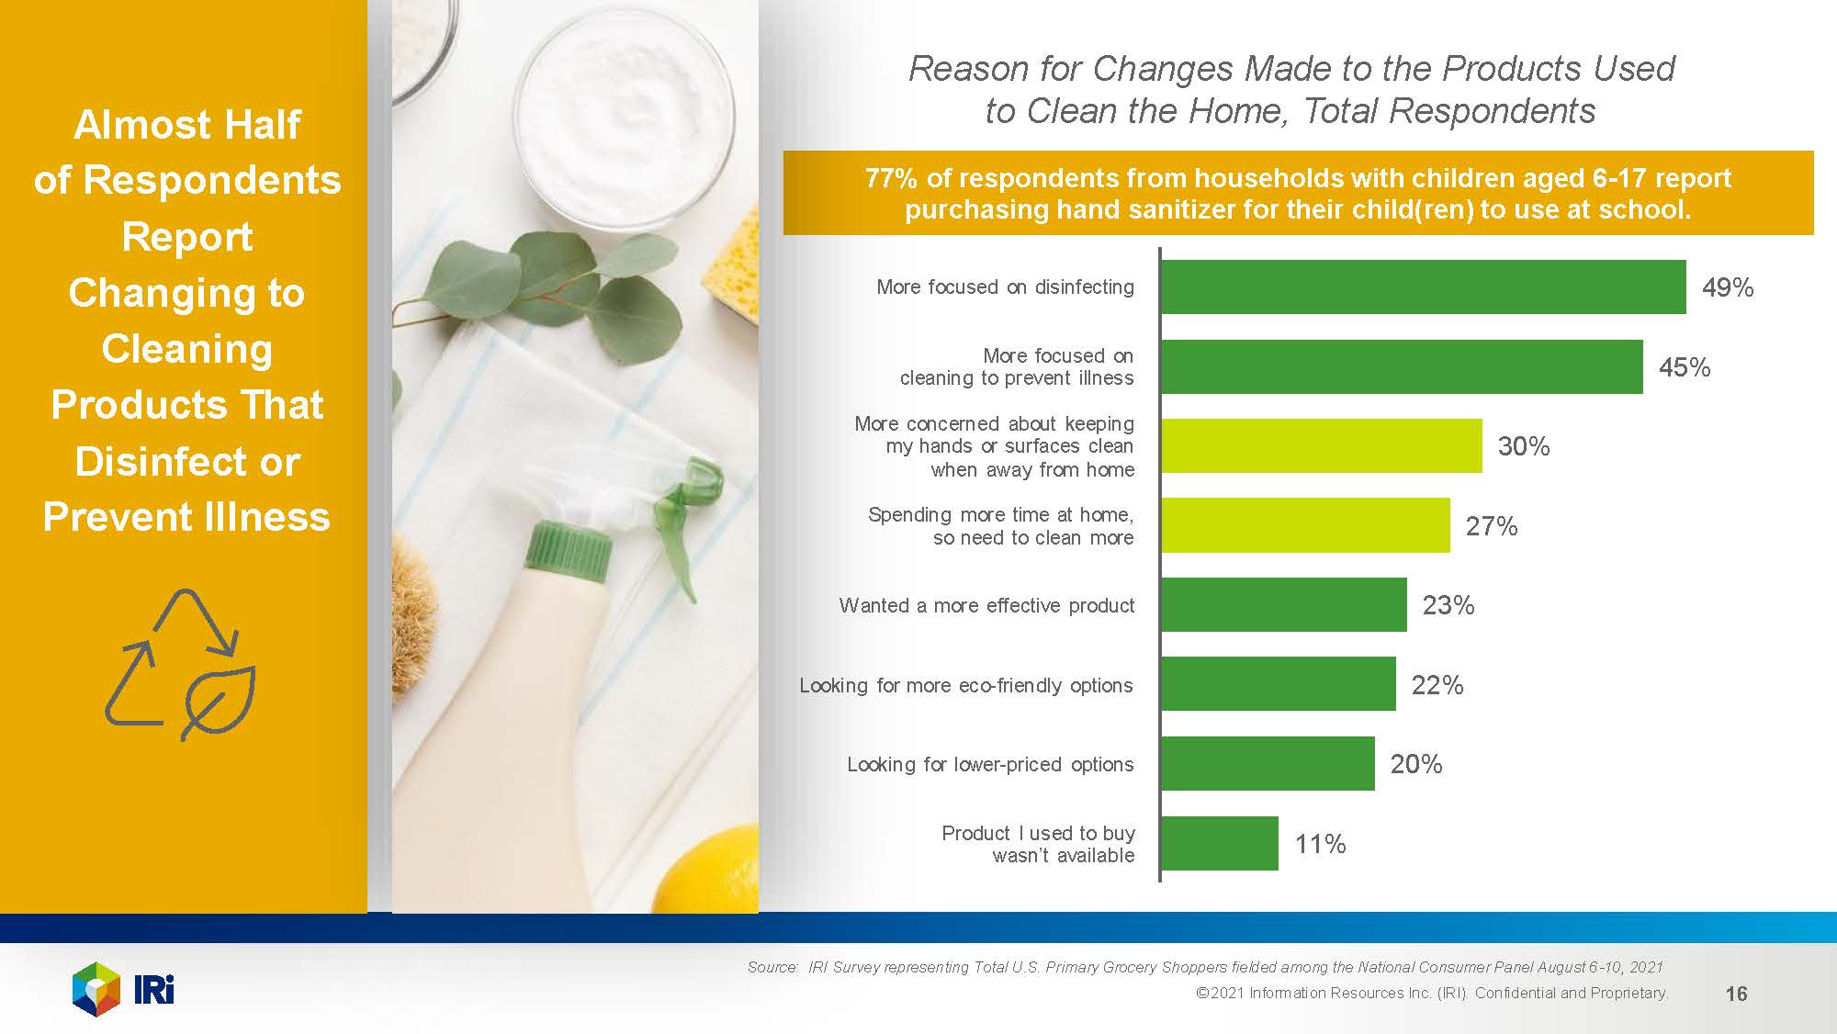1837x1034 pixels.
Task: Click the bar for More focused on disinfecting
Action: (x=1423, y=287)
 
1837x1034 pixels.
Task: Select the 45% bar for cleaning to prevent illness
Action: (x=1402, y=367)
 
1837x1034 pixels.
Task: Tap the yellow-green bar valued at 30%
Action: (x=1321, y=446)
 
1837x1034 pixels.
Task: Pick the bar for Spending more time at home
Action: (x=1305, y=525)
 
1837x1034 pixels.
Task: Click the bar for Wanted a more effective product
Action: (x=1283, y=604)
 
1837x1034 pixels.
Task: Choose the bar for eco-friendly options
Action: (x=1278, y=684)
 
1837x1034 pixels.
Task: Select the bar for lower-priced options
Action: (x=1268, y=763)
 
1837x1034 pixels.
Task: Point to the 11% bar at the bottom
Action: (x=1219, y=843)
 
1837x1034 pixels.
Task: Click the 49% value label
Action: (x=1727, y=287)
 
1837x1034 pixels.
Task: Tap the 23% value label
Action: (x=1448, y=605)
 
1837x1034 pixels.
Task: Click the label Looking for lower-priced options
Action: (x=989, y=764)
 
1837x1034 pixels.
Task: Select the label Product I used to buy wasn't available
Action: (x=1038, y=844)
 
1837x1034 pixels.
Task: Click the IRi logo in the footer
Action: (x=123, y=989)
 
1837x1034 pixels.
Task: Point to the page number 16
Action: (x=1736, y=994)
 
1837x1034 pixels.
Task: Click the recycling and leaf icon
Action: (x=181, y=664)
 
